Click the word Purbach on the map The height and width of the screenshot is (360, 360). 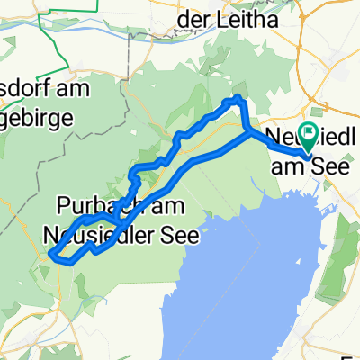pyautogui.click(x=89, y=206)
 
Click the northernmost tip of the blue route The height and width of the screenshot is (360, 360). pyautogui.click(x=238, y=97)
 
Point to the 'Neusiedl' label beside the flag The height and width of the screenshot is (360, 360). pyautogui.click(x=314, y=141)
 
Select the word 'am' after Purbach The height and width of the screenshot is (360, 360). pyautogui.click(x=163, y=206)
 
